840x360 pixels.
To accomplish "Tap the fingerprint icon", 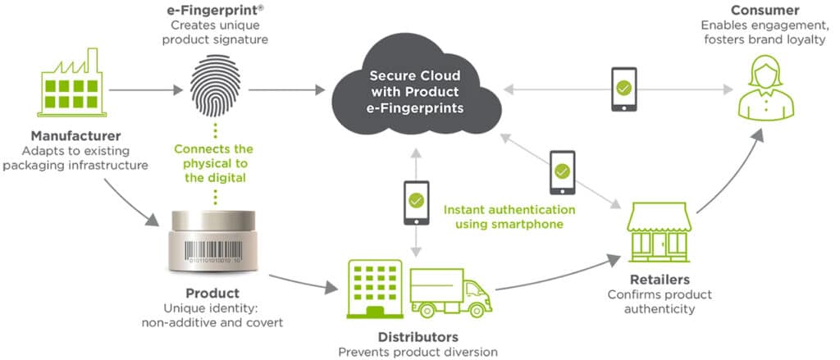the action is [x=216, y=87].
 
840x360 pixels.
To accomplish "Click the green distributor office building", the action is [x=375, y=289].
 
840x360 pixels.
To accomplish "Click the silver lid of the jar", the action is [x=212, y=220].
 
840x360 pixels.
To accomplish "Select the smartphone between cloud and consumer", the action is [x=623, y=89].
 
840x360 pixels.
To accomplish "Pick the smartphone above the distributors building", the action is [x=416, y=203].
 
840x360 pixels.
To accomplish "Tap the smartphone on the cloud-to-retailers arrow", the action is [x=562, y=172].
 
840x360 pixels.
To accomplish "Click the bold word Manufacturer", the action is [x=75, y=136].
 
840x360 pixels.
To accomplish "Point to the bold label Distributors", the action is [x=418, y=338].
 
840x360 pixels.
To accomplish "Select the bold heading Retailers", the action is [x=660, y=280].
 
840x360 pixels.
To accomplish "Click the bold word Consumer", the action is [x=765, y=10].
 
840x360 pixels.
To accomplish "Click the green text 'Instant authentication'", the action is [x=509, y=209].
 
